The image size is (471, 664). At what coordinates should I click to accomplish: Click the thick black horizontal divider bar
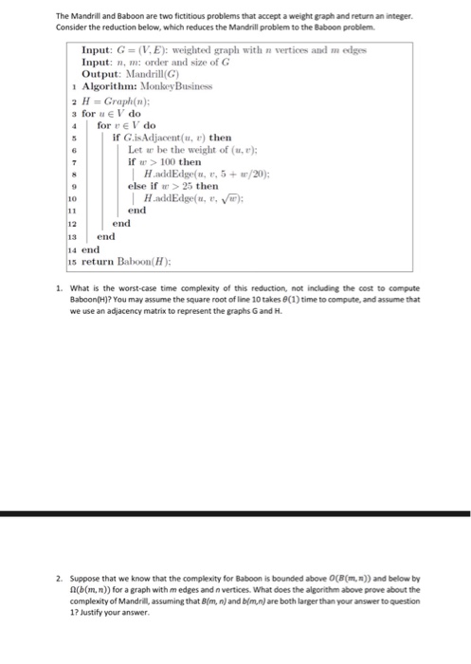(x=235, y=513)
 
